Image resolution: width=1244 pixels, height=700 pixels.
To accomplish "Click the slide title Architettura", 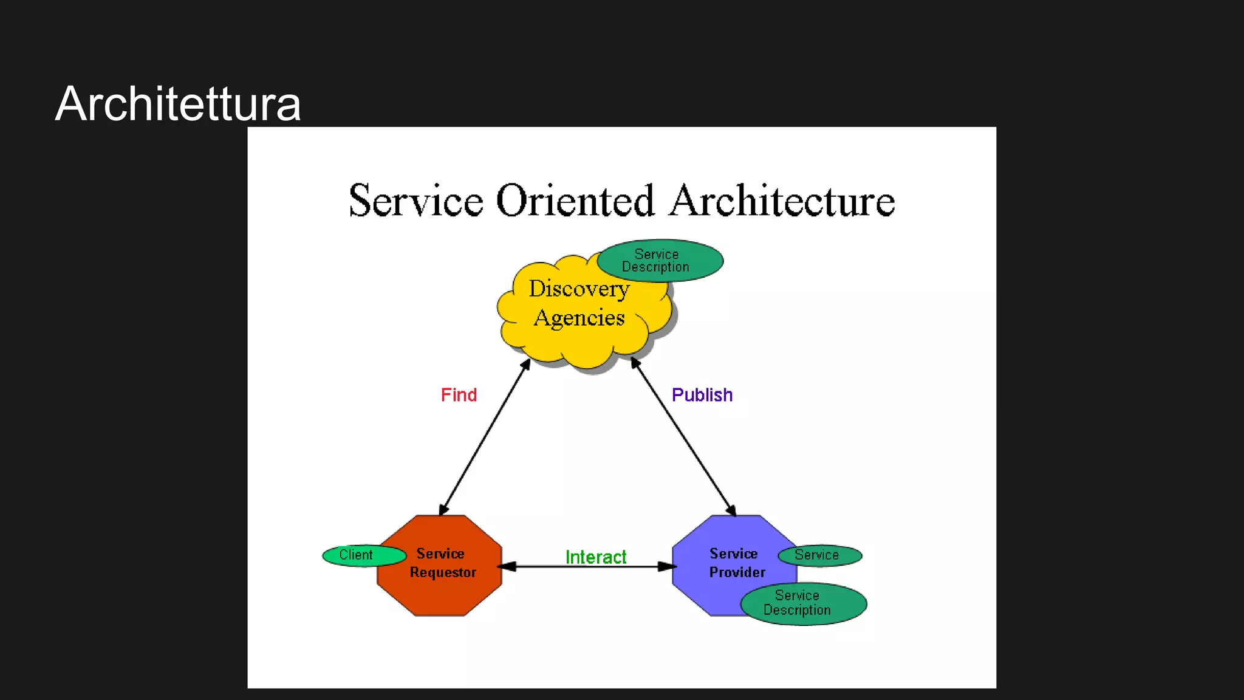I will [178, 104].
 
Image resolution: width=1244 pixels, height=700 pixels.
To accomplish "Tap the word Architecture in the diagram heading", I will [782, 201].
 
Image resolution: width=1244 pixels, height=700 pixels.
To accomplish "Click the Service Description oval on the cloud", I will [660, 261].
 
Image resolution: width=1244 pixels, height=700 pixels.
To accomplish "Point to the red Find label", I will [459, 395].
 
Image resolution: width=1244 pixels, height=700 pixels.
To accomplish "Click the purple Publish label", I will [702, 395].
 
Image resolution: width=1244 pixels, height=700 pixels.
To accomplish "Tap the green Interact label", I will [595, 557].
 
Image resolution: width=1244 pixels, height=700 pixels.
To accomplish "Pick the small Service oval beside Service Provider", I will [819, 555].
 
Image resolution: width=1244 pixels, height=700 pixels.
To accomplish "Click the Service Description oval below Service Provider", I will [803, 603].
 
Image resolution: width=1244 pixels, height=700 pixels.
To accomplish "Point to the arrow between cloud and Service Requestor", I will [484, 437].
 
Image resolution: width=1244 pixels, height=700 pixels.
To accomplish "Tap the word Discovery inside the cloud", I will [578, 289].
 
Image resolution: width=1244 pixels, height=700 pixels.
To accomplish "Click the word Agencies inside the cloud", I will [579, 318].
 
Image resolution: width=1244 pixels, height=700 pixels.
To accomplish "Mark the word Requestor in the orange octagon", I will [443, 572].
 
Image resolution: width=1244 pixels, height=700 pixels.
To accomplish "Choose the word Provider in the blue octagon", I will [737, 572].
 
